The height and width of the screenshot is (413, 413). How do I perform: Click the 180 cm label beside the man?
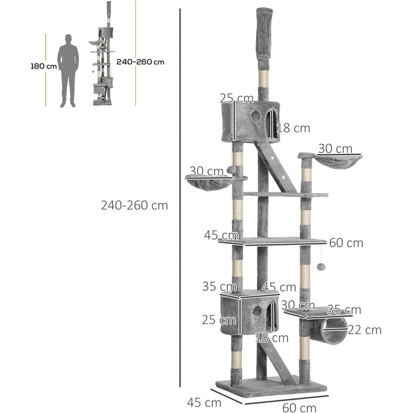(44, 66)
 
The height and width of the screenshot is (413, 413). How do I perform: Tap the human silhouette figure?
(68, 71)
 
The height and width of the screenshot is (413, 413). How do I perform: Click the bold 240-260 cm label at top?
(140, 62)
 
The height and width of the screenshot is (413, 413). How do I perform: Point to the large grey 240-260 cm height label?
(135, 205)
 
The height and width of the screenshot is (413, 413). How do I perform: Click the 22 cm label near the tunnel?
(365, 330)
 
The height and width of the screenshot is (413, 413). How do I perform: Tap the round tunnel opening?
(335, 331)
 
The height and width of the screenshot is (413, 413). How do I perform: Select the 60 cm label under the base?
(299, 408)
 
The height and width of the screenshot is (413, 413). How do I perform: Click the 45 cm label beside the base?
(204, 402)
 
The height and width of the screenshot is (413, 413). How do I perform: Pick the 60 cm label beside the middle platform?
(346, 243)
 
